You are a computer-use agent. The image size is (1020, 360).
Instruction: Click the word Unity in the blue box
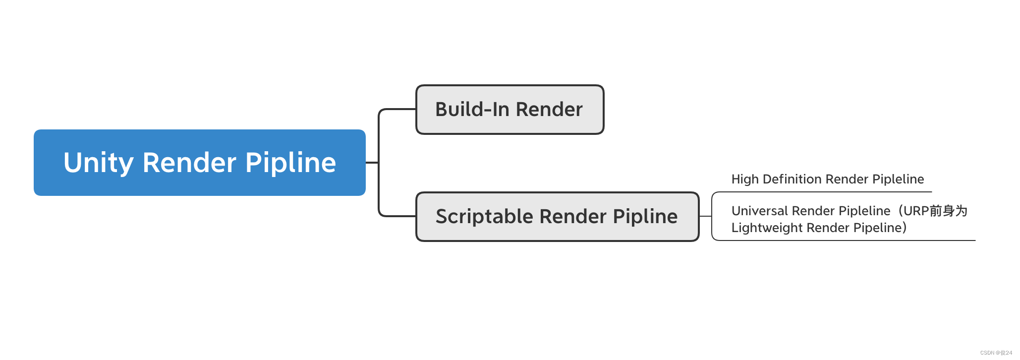point(99,163)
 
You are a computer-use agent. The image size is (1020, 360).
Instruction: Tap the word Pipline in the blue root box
point(290,162)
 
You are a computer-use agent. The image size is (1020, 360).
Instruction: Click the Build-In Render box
point(510,110)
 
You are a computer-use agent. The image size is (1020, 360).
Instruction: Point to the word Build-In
point(472,109)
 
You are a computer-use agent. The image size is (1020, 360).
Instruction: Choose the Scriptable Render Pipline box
point(558,217)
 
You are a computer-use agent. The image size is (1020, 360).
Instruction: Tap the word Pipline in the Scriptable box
point(645,217)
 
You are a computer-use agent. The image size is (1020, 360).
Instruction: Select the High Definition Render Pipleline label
point(828,179)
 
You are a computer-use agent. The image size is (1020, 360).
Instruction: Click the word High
point(745,179)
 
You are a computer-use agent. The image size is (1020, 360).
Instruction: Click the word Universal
point(760,211)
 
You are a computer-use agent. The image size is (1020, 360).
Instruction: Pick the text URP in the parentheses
point(916,211)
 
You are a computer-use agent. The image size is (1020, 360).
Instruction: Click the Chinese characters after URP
point(948,211)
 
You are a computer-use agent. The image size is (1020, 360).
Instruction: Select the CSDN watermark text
point(996,353)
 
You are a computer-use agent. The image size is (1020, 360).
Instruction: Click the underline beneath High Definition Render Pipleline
point(822,192)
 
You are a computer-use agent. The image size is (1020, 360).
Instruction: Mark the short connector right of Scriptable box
point(705,217)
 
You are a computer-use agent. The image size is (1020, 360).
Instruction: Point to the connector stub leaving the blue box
point(372,163)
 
